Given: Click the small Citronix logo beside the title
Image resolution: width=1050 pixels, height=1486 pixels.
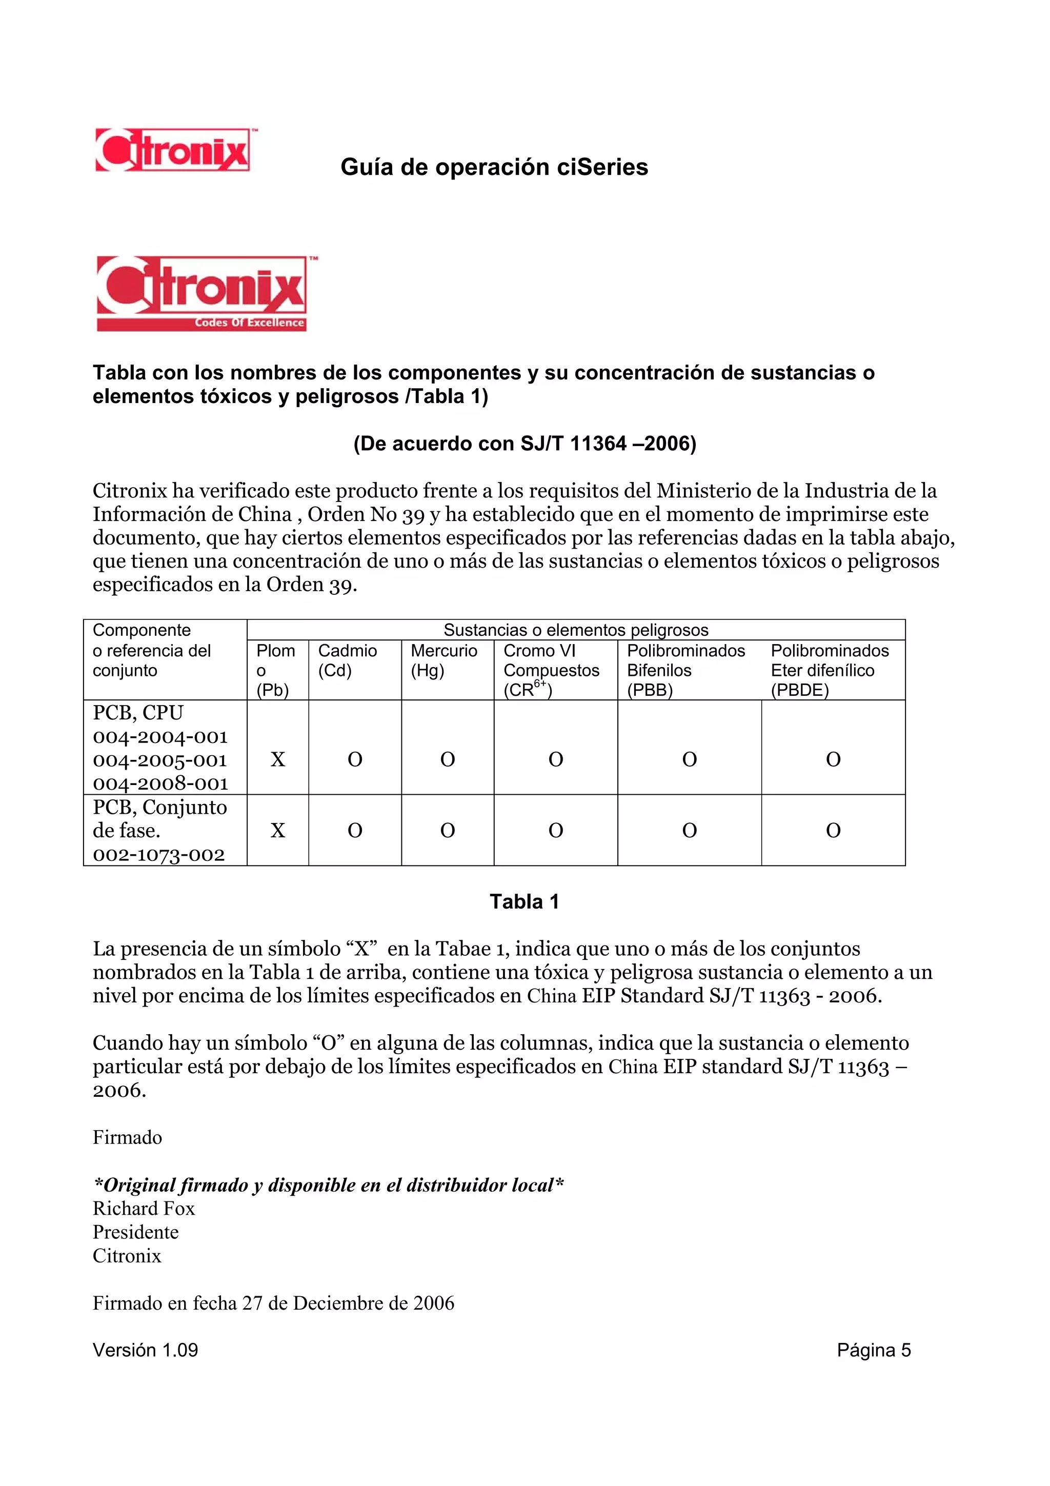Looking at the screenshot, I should tap(173, 150).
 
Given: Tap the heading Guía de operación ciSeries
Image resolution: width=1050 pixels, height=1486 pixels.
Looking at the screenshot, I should tap(494, 167).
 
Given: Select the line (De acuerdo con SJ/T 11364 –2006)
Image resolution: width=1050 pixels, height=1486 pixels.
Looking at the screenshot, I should tap(524, 444).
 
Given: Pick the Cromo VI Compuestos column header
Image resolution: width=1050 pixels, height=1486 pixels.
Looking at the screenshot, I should tap(551, 670).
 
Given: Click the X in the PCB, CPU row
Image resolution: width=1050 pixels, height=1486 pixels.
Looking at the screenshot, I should tap(277, 759).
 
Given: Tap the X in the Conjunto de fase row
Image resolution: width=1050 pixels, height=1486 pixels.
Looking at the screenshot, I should tap(277, 830).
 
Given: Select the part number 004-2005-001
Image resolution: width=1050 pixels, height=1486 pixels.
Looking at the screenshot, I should tap(160, 760).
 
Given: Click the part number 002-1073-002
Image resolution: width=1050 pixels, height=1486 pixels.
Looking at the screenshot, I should tap(159, 854).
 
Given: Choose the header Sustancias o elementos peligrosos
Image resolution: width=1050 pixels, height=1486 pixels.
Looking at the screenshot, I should tap(576, 630).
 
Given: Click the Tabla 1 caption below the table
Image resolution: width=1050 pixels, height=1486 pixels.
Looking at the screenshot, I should tap(524, 901).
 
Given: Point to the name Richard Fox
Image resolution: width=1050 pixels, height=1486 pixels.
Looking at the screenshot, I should tap(144, 1209).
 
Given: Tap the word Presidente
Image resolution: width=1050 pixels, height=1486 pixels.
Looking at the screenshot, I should tap(136, 1232).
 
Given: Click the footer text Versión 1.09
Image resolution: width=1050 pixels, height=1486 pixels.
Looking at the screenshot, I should tap(146, 1350).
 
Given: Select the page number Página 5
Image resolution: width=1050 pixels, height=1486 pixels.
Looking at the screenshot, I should tap(874, 1350).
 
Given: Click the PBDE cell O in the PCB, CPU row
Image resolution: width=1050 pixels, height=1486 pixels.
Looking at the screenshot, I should tap(833, 759).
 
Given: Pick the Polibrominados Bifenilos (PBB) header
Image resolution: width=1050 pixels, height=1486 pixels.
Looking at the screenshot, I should tap(686, 670).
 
